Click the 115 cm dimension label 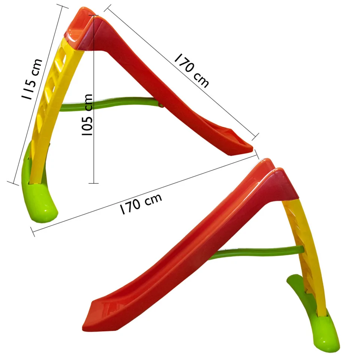point(32,79)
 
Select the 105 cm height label point(87,115)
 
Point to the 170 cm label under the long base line point(141,204)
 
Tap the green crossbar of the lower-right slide point(257,252)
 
